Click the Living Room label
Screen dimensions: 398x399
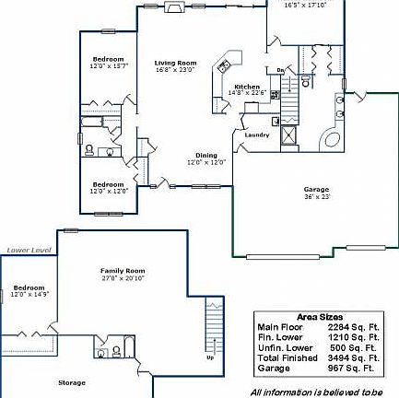tap(175, 63)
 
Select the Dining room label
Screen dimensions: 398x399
tap(206, 156)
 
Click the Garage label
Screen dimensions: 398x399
tap(316, 190)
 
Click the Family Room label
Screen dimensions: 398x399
tap(123, 270)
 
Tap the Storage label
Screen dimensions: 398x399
tap(72, 381)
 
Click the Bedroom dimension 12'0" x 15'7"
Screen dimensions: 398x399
tap(108, 66)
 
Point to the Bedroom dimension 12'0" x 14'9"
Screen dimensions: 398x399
tap(29, 294)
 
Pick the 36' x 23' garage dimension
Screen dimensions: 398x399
tap(316, 196)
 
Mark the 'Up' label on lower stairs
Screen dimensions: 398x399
tap(210, 357)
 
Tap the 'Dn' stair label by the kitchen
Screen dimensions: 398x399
tap(280, 70)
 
